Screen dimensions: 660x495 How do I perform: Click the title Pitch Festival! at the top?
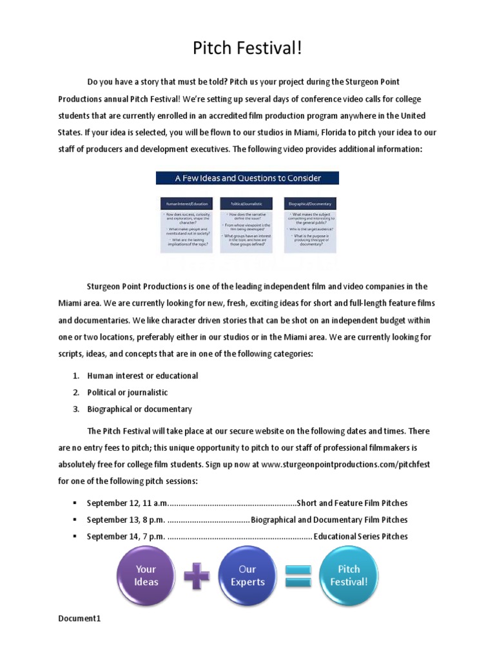(247, 49)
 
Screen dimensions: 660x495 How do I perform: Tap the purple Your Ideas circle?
(146, 575)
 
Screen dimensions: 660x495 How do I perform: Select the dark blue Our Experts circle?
(247, 575)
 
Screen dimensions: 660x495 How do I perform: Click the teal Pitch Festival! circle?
(349, 575)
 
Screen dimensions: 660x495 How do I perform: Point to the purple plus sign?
(197, 575)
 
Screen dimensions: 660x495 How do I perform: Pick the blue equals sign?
(298, 575)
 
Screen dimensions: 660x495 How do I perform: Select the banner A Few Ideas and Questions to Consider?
(247, 178)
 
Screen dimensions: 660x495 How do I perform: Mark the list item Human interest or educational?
(142, 375)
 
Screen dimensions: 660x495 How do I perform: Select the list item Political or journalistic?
(128, 392)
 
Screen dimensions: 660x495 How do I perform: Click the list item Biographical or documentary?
(139, 409)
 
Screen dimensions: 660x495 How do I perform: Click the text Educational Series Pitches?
(360, 536)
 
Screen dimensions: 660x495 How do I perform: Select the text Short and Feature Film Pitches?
(351, 503)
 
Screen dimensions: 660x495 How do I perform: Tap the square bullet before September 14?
(75, 536)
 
